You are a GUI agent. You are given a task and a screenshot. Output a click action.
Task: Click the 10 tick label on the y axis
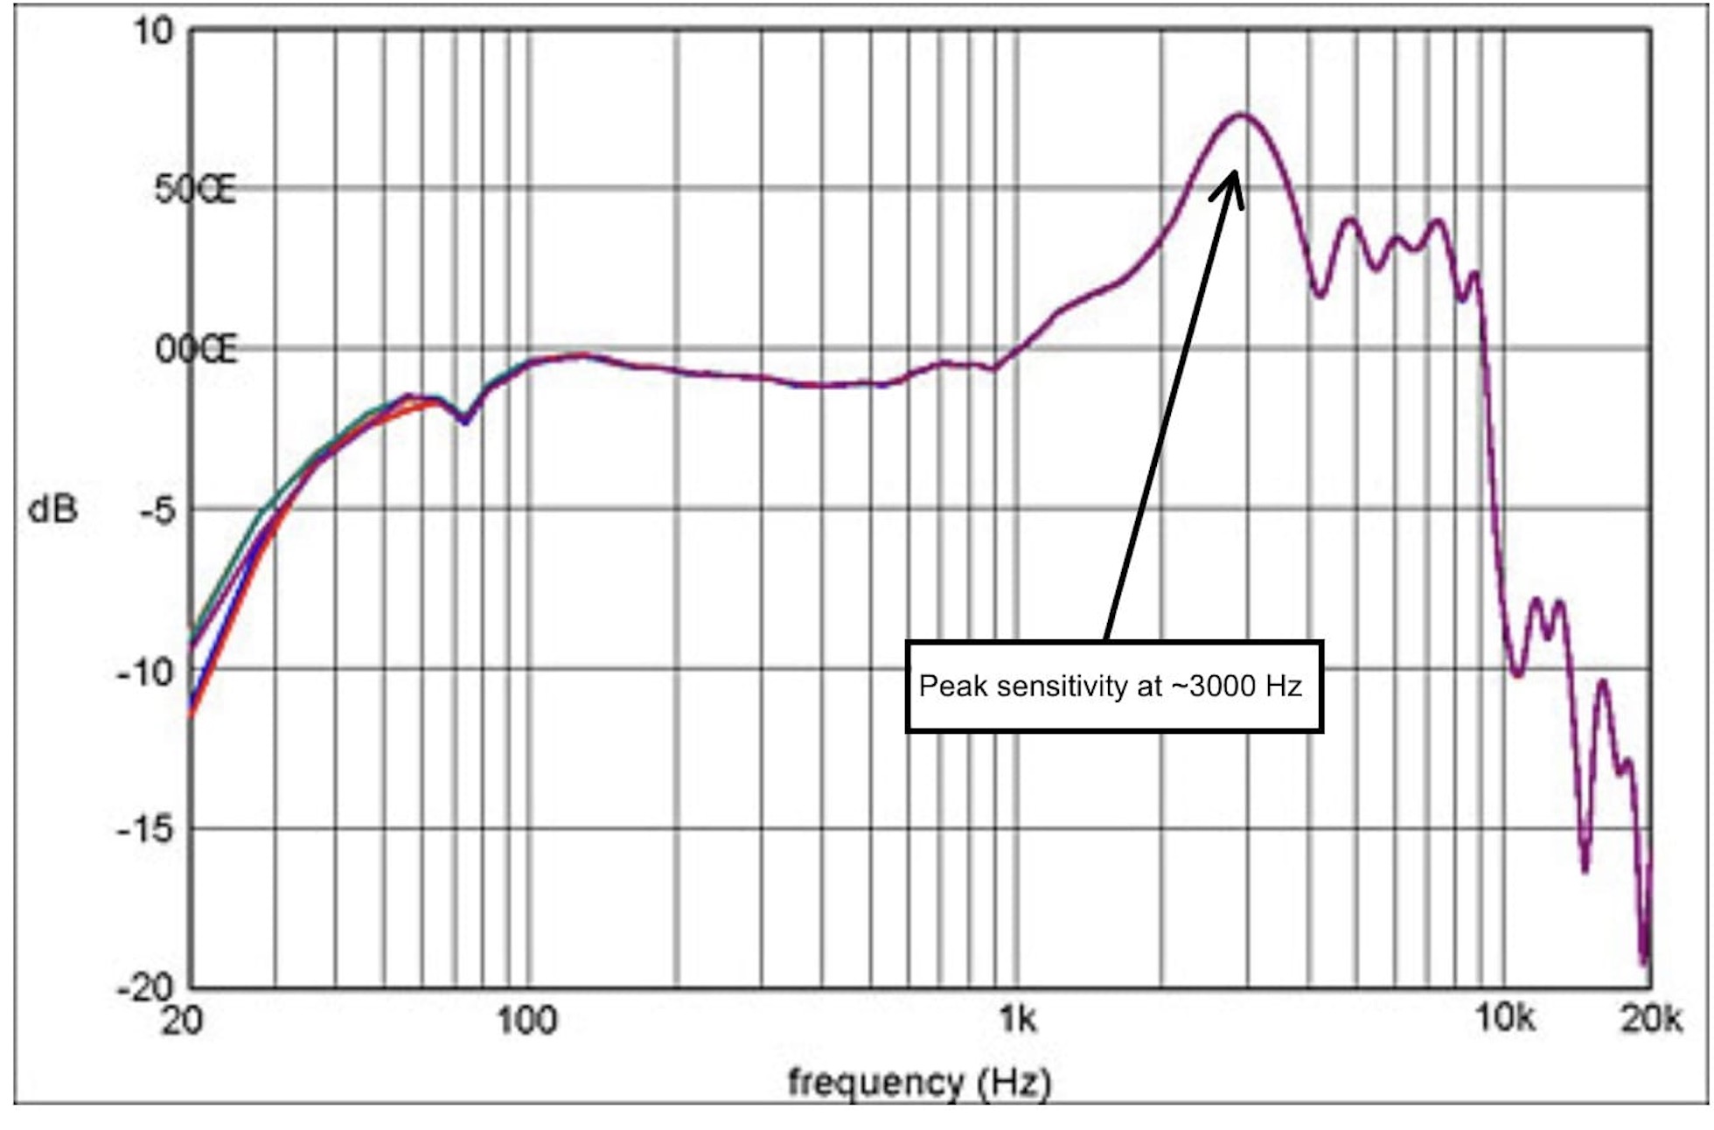point(154,31)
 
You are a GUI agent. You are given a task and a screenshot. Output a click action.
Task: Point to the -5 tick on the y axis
point(157,510)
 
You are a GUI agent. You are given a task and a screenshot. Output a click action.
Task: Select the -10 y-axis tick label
point(145,672)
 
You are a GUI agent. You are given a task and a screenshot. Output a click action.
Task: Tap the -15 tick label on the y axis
point(145,828)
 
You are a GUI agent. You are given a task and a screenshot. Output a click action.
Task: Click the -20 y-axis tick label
point(145,988)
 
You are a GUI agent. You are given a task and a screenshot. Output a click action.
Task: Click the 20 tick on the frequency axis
point(181,1020)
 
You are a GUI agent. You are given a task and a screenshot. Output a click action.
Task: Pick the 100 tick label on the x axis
point(526,1020)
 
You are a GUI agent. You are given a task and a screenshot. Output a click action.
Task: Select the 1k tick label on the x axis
point(1018,1020)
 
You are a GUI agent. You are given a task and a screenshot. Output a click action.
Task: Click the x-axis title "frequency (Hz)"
point(919,1083)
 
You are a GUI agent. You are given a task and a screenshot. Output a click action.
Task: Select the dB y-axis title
point(52,509)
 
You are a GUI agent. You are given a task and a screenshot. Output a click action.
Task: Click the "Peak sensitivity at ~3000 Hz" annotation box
point(1113,687)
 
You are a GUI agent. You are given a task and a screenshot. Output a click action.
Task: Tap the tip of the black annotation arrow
point(1235,171)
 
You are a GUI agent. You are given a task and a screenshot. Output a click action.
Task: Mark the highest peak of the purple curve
point(1243,115)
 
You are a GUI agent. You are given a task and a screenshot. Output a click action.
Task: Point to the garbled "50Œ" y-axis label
point(195,190)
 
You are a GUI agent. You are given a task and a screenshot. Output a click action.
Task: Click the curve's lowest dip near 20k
point(1645,960)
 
